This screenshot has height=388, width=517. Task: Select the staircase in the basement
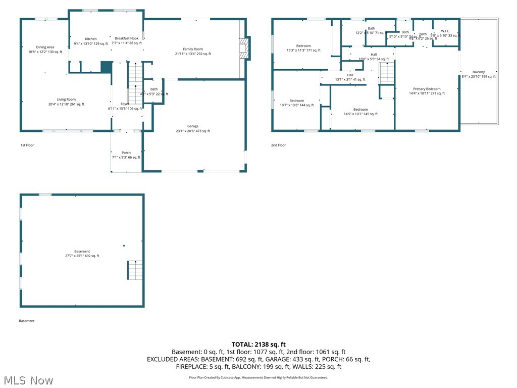pos(135,270)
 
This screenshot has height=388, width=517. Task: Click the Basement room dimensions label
pos(82,256)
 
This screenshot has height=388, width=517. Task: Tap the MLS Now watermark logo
pos(27,380)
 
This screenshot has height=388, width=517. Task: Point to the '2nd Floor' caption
pos(278,145)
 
